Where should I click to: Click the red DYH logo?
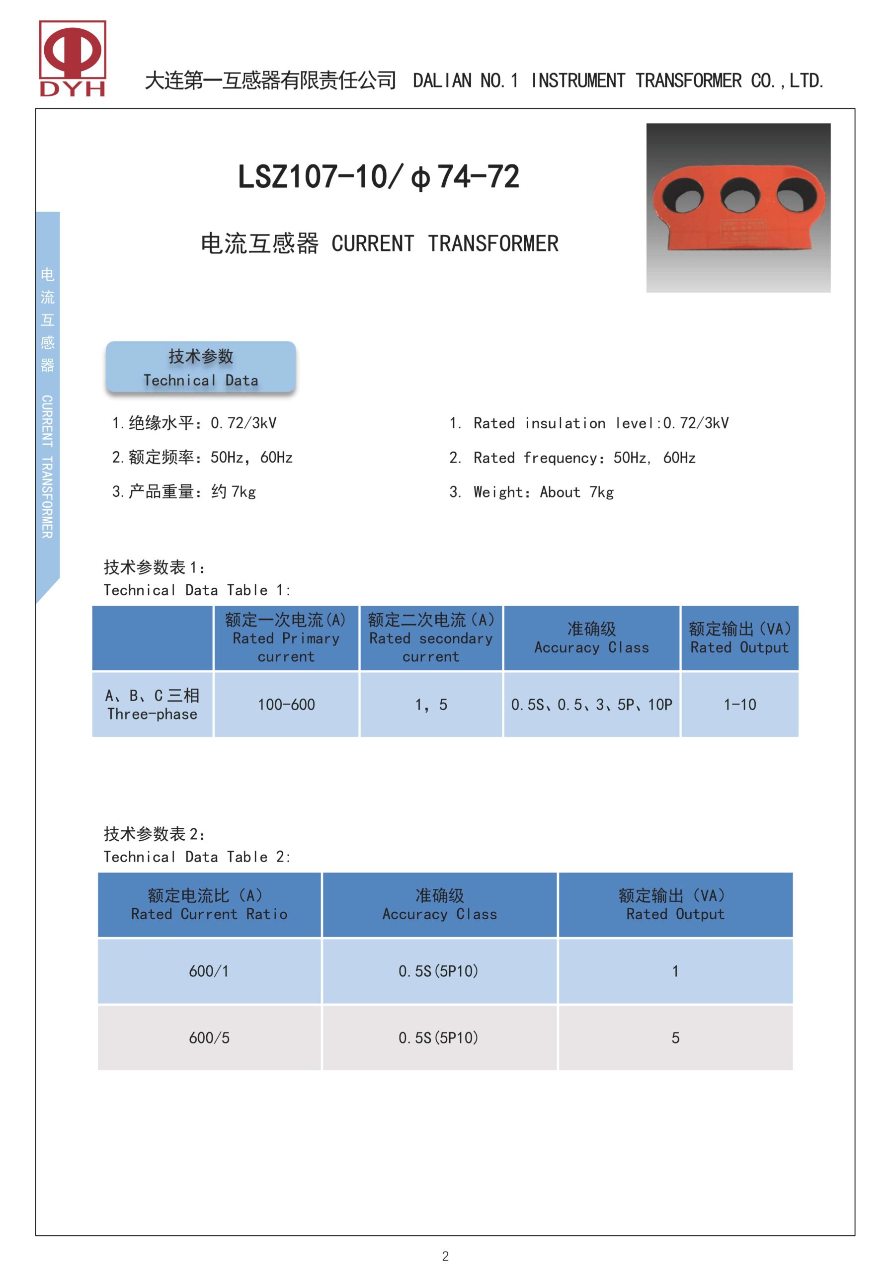[72, 58]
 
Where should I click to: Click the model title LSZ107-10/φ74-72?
[379, 177]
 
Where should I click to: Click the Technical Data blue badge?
[201, 367]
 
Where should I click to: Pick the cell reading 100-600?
[286, 705]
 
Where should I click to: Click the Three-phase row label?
[153, 705]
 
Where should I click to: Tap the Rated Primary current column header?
[286, 638]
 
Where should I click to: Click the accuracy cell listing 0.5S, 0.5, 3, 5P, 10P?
[591, 705]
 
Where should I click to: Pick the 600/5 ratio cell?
[209, 1037]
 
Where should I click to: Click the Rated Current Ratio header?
[209, 905]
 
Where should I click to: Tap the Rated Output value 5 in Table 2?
[675, 1037]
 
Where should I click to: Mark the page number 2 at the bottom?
[445, 1256]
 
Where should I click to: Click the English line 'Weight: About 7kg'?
[543, 492]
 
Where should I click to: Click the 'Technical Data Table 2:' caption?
[197, 857]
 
